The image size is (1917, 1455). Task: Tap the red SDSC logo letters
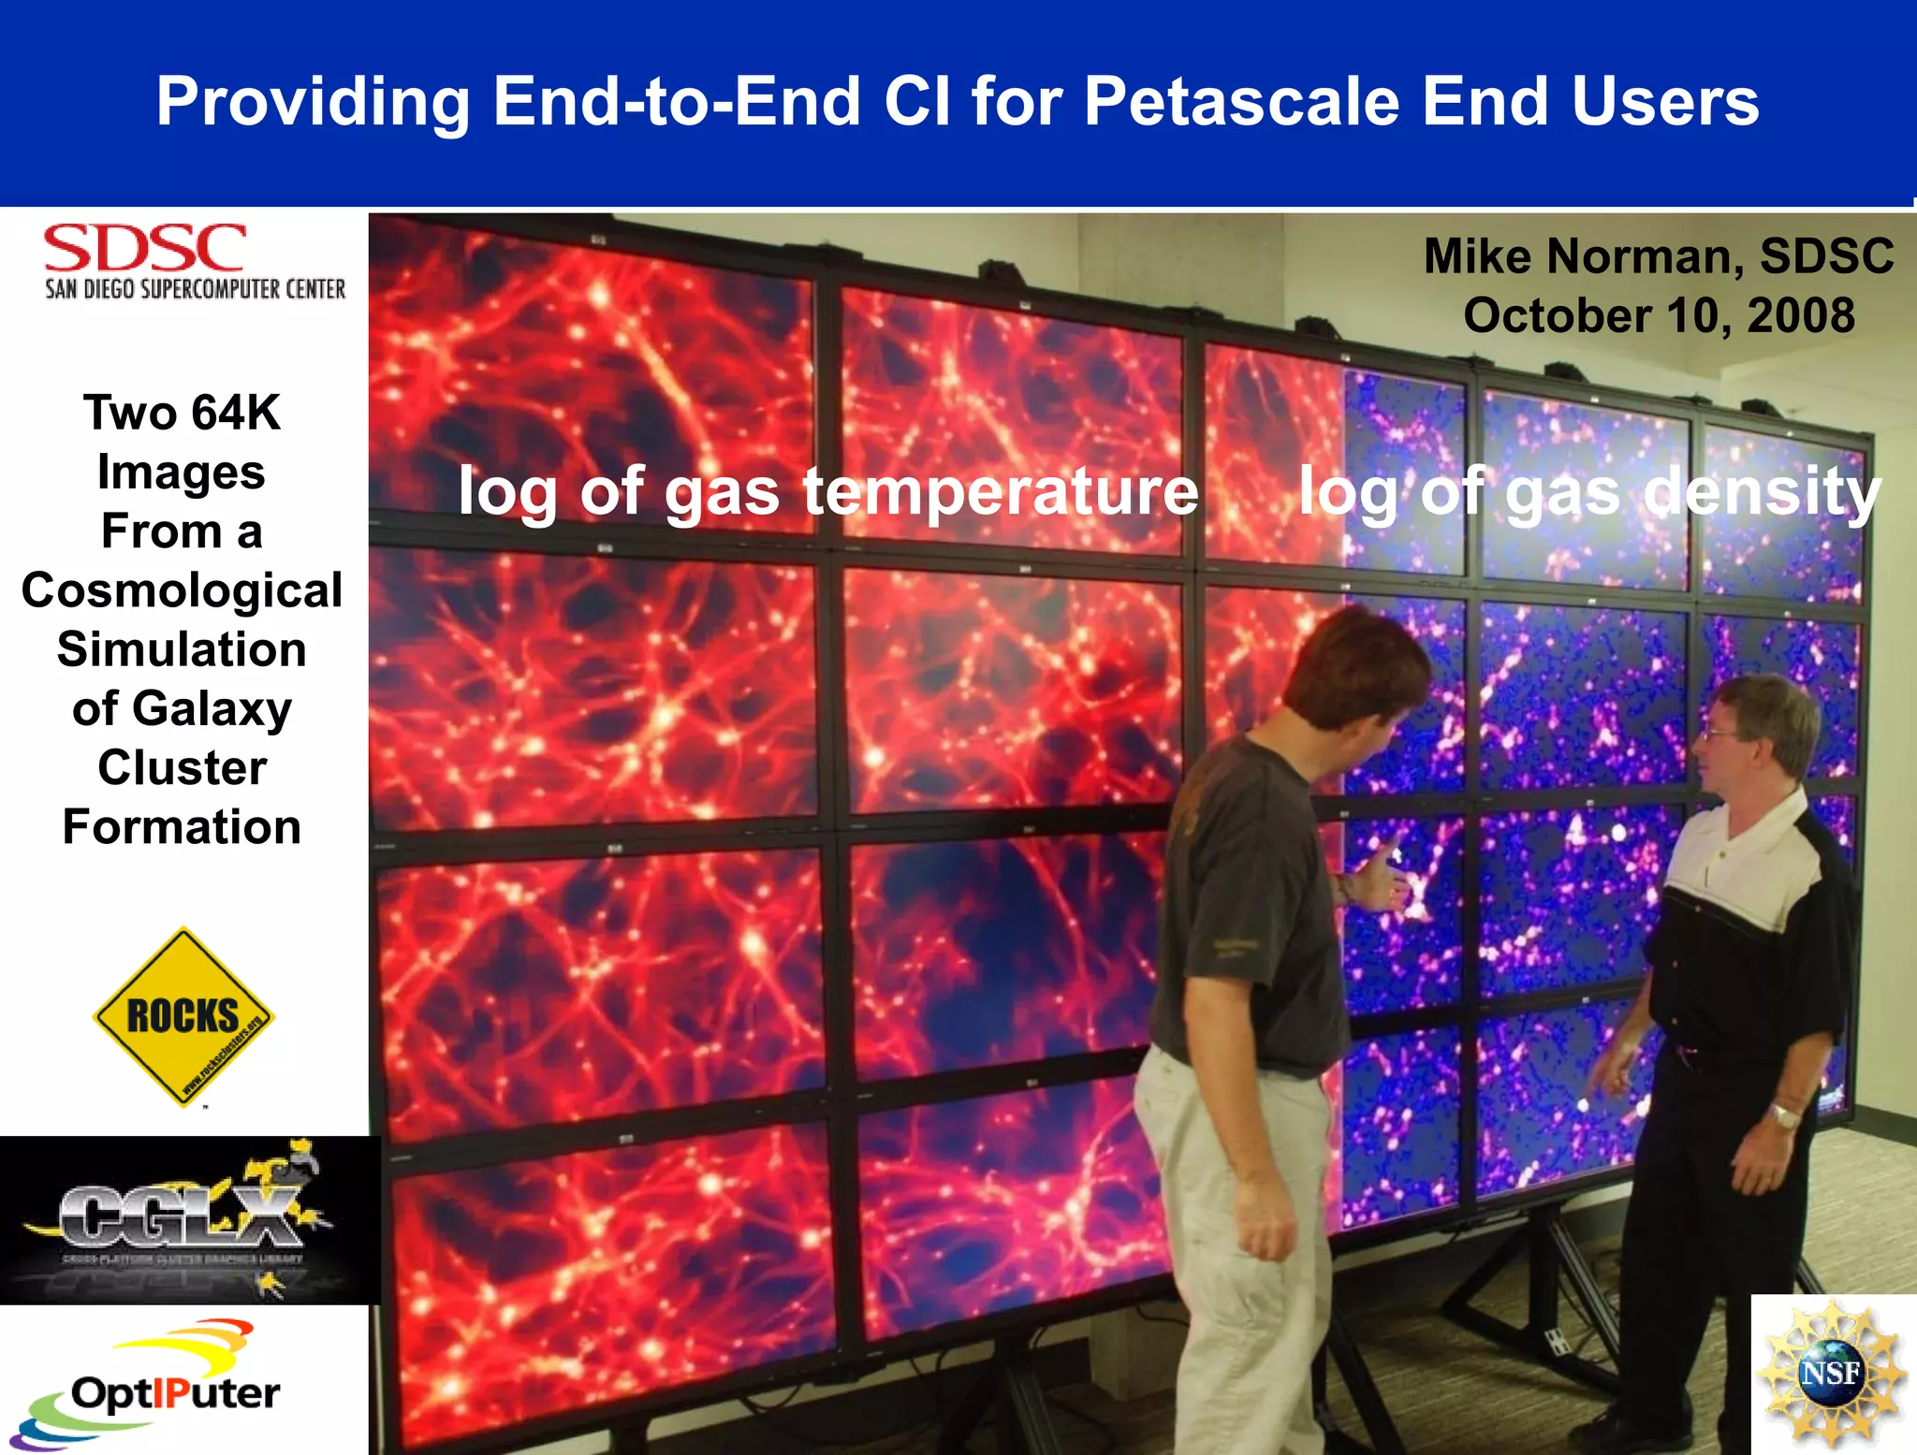[x=144, y=249]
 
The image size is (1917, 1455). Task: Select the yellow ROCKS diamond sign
[x=183, y=1016]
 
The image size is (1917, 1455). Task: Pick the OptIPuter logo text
[x=175, y=1393]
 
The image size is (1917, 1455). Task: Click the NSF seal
[x=1831, y=1374]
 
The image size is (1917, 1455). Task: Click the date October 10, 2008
[x=1659, y=316]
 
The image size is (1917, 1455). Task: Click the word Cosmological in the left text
[x=182, y=590]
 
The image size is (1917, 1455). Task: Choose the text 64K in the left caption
[x=236, y=413]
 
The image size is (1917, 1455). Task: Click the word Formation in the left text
[x=182, y=827]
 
